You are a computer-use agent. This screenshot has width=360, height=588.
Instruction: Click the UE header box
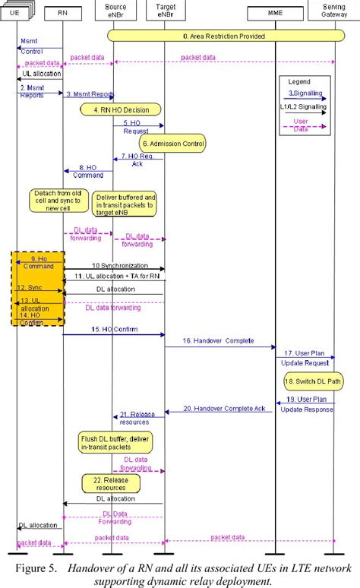click(x=15, y=13)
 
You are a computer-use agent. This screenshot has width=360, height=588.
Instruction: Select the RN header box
click(x=65, y=13)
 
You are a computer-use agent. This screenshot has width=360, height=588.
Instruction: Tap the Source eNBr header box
click(x=112, y=11)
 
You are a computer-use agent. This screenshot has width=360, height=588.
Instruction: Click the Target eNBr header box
click(x=164, y=11)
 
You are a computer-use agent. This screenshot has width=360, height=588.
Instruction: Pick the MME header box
click(x=275, y=13)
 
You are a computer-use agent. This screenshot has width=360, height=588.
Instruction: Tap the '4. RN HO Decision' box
click(x=122, y=109)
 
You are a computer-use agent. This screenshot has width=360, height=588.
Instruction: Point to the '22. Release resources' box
click(x=111, y=482)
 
